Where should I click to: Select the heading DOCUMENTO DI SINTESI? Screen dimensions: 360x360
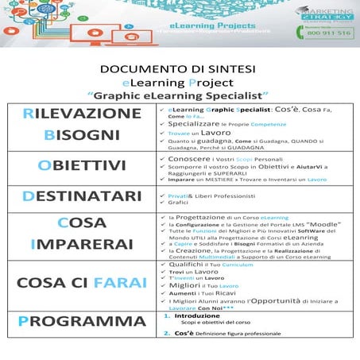tap(180, 69)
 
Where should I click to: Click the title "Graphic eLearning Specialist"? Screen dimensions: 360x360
tap(180, 95)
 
